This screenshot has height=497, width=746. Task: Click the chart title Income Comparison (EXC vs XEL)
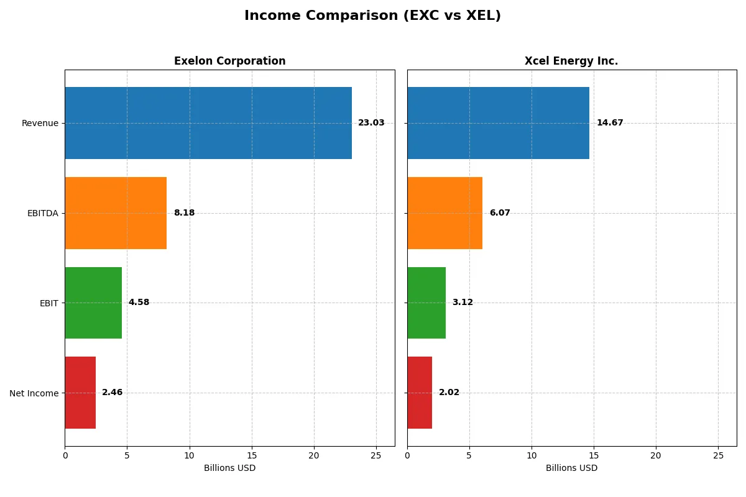tap(372, 16)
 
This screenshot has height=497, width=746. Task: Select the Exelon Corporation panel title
tap(229, 61)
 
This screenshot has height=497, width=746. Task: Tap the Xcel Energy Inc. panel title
tap(571, 61)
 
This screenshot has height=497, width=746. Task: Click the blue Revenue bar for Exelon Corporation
tap(208, 123)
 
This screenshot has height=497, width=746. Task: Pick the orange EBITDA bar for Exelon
tap(116, 213)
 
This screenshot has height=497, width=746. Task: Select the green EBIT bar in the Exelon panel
tap(93, 303)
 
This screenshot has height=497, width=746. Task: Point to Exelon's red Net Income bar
tap(80, 393)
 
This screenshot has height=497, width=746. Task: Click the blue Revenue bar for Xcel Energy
tap(498, 123)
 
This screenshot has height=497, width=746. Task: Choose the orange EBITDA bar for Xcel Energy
tap(444, 213)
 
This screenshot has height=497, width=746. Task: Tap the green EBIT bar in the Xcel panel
tap(426, 303)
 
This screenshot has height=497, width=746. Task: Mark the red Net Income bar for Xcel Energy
tap(420, 393)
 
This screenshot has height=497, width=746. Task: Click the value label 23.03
tap(371, 123)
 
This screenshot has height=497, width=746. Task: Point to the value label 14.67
tap(609, 123)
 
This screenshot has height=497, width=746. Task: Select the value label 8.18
tap(184, 213)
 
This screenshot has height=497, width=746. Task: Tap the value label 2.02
tap(449, 393)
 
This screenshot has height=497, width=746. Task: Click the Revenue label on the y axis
tap(40, 123)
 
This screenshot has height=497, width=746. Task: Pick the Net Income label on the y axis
tap(34, 393)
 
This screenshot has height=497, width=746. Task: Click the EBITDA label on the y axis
tap(43, 213)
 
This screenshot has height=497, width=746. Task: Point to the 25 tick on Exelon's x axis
tap(375, 455)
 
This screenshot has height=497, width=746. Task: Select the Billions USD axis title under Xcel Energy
tap(571, 468)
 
